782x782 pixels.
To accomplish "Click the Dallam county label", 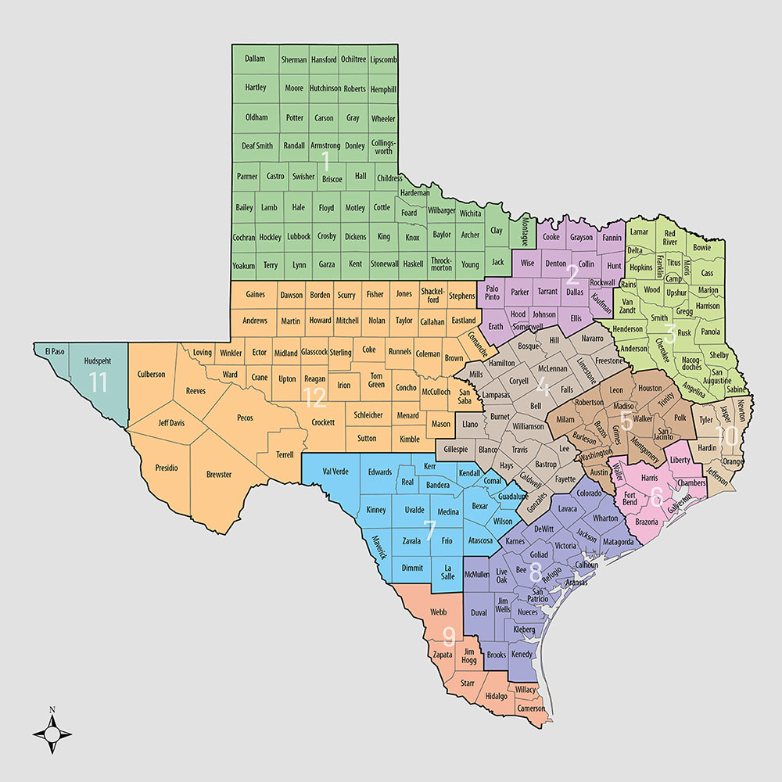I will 255,59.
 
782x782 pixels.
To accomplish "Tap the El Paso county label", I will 54,351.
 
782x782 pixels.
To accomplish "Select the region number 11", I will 98,382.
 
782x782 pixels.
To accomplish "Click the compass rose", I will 52,734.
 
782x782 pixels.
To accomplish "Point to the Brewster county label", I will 219,475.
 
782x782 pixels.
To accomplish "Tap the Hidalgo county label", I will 496,695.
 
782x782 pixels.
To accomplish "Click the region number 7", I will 429,530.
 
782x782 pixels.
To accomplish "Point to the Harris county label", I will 648,477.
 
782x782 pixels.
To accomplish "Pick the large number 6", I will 657,496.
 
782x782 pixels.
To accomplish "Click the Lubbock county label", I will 299,236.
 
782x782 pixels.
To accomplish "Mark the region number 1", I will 325,162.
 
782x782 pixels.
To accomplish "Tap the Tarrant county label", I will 547,291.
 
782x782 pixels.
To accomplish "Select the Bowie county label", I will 702,248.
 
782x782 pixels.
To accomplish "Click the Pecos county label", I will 244,418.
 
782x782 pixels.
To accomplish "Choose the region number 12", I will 314,398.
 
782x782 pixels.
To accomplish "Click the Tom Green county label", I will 376,379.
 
